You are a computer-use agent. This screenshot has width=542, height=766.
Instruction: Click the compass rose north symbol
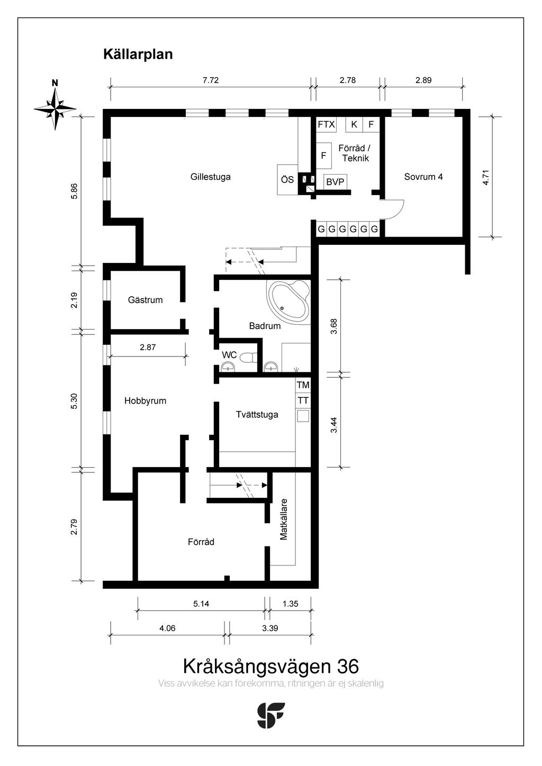pyautogui.click(x=55, y=107)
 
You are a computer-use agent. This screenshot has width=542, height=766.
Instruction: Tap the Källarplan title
pyautogui.click(x=138, y=54)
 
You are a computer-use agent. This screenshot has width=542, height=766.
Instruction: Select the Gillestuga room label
pyautogui.click(x=210, y=177)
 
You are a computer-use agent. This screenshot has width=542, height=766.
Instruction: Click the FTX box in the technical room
pyautogui.click(x=326, y=125)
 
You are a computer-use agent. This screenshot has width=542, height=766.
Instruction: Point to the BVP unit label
pyautogui.click(x=335, y=182)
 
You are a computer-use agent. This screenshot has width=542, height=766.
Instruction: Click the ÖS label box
pyautogui.click(x=287, y=180)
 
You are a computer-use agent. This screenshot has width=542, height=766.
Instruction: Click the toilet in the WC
pyautogui.click(x=247, y=357)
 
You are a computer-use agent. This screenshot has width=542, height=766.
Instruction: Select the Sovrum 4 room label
pyautogui.click(x=423, y=177)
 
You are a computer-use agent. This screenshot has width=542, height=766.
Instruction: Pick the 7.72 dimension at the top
pyautogui.click(x=210, y=80)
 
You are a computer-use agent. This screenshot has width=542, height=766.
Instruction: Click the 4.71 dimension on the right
pyautogui.click(x=486, y=177)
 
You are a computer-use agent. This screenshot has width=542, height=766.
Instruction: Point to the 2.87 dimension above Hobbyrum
pyautogui.click(x=148, y=348)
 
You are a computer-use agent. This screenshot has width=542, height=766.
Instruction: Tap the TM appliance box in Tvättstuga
pyautogui.click(x=303, y=385)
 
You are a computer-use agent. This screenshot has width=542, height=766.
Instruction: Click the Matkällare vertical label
pyautogui.click(x=284, y=519)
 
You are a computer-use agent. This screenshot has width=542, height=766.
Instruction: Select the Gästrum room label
pyautogui.click(x=145, y=300)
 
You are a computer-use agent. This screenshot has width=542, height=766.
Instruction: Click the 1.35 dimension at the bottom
pyautogui.click(x=290, y=604)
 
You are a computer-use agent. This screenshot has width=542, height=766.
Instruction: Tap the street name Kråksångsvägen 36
pyautogui.click(x=270, y=665)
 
